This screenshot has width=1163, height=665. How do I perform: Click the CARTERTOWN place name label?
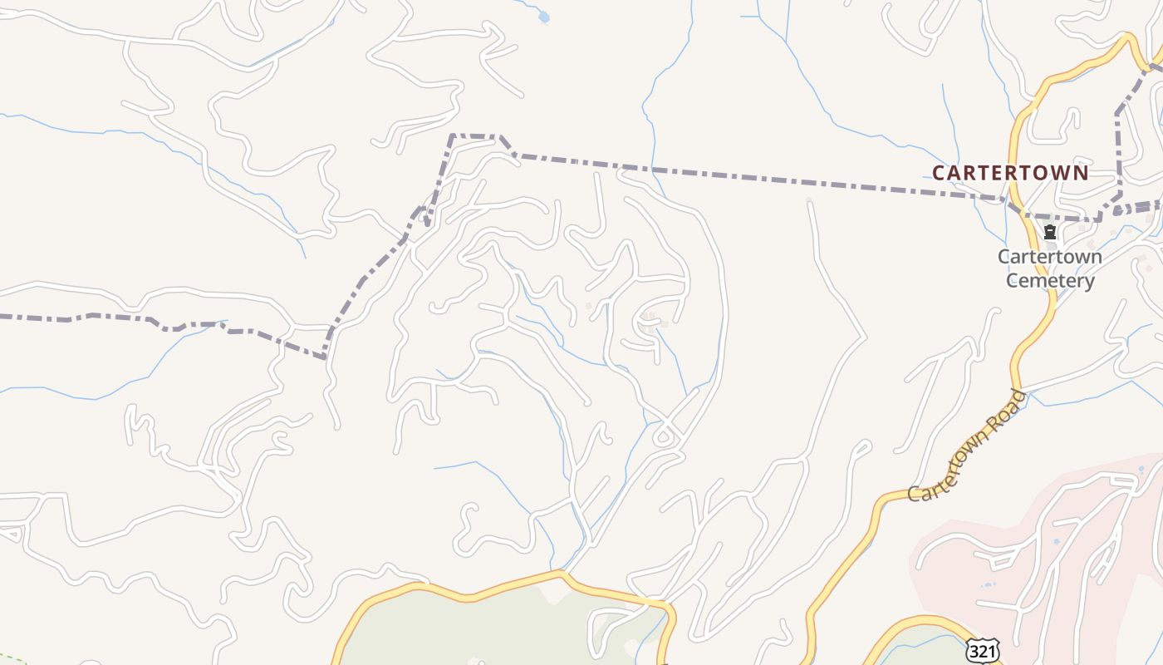click(1009, 173)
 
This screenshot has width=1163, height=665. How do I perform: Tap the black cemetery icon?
click(1050, 232)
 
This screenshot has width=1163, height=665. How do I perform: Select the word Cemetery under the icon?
click(1050, 280)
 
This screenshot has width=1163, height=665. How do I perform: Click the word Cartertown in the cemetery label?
click(1050, 256)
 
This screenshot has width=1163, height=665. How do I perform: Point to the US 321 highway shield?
click(982, 650)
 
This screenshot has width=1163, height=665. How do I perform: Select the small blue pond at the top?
click(544, 16)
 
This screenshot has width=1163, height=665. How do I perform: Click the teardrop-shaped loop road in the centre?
click(664, 436)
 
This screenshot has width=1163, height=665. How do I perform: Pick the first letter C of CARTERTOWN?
click(939, 173)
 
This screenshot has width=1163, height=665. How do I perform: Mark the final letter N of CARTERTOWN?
click(1081, 173)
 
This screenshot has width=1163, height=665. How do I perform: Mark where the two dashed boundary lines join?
click(326, 357)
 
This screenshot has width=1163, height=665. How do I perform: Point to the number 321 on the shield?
click(982, 651)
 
